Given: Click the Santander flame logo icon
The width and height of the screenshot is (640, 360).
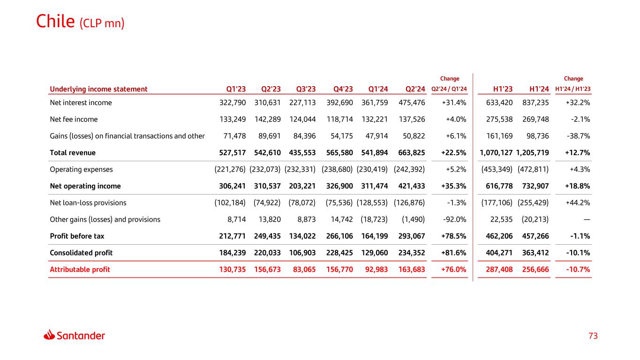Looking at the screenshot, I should point(50,335).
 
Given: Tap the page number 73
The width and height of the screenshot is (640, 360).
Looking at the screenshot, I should point(593,336).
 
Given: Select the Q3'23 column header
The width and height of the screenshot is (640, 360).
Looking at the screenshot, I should point(306,89).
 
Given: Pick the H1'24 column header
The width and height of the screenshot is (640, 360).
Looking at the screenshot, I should point(539,89).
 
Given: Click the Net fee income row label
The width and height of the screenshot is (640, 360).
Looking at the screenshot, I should point(74,120).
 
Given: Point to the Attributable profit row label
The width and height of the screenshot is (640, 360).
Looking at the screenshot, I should point(80,270).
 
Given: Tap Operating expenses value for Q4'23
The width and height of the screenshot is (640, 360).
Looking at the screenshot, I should point(337,169).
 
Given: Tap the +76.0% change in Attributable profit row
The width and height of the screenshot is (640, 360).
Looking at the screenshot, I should point(453,270).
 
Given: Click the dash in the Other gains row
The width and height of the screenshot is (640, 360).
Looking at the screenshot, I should point(587,219).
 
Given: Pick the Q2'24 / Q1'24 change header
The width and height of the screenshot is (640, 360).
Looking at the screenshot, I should point(449,89).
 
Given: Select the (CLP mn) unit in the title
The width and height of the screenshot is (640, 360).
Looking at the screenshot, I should point(102,23).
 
